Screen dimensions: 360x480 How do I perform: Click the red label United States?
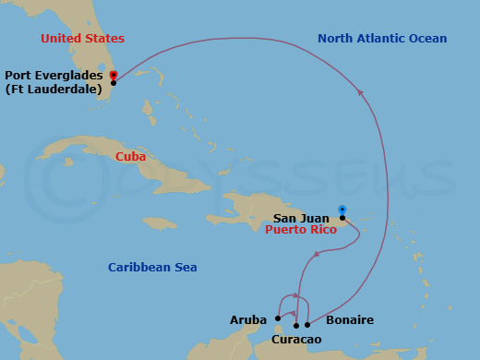click(81, 38)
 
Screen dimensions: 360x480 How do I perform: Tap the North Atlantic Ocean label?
click(382, 38)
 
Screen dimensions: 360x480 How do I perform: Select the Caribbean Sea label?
click(152, 268)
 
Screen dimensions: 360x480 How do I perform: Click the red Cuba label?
click(131, 157)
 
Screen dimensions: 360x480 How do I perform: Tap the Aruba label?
click(247, 320)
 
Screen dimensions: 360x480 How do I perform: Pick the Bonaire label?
click(351, 320)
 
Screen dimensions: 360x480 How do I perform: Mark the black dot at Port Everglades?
click(113, 83)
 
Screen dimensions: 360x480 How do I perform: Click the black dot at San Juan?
click(342, 218)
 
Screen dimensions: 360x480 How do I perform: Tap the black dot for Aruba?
click(278, 319)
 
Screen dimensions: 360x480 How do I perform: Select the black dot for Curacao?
click(296, 325)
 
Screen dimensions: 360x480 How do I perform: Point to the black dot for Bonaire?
click(307, 325)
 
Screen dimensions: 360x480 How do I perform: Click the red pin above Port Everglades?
click(113, 74)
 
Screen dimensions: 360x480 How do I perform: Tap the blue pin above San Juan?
click(342, 209)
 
